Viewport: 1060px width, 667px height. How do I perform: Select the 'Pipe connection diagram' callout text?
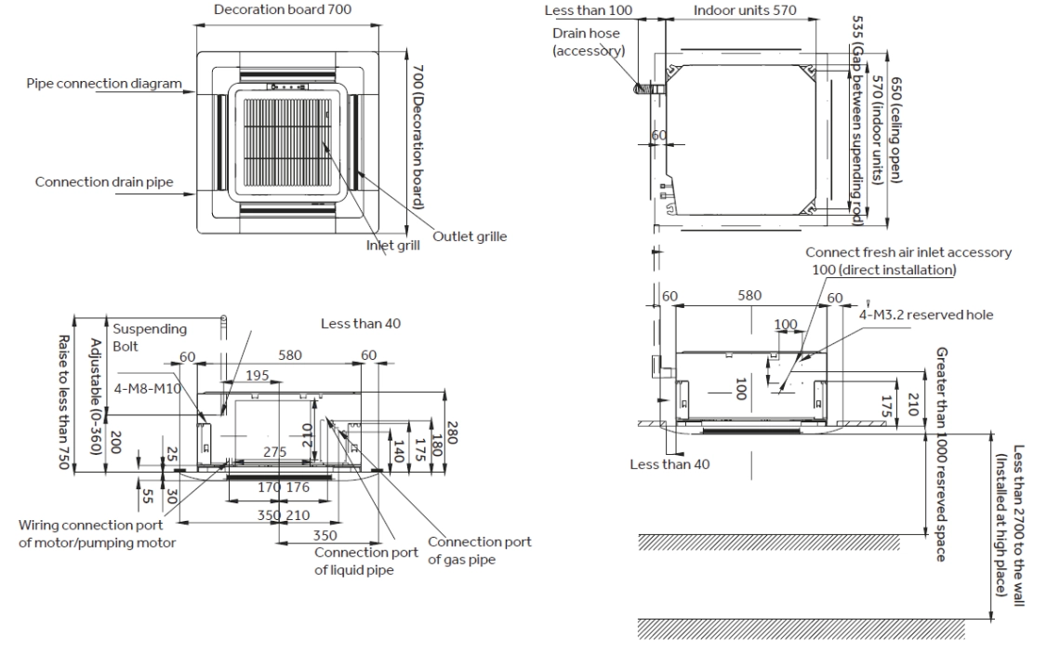[104, 84]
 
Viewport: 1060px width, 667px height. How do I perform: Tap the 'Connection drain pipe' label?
[104, 181]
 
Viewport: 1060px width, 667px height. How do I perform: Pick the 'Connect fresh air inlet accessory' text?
[908, 252]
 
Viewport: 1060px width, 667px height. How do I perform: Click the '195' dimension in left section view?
[258, 375]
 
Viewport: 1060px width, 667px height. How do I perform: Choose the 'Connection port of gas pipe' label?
[479, 550]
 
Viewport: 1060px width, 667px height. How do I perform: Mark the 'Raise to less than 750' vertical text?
[64, 402]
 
